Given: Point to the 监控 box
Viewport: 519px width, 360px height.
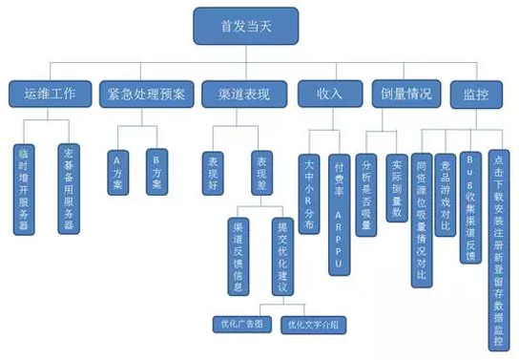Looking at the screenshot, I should (x=471, y=95).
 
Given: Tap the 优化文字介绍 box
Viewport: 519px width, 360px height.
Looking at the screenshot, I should (x=313, y=325).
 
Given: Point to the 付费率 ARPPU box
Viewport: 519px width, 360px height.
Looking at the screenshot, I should (x=341, y=196).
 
